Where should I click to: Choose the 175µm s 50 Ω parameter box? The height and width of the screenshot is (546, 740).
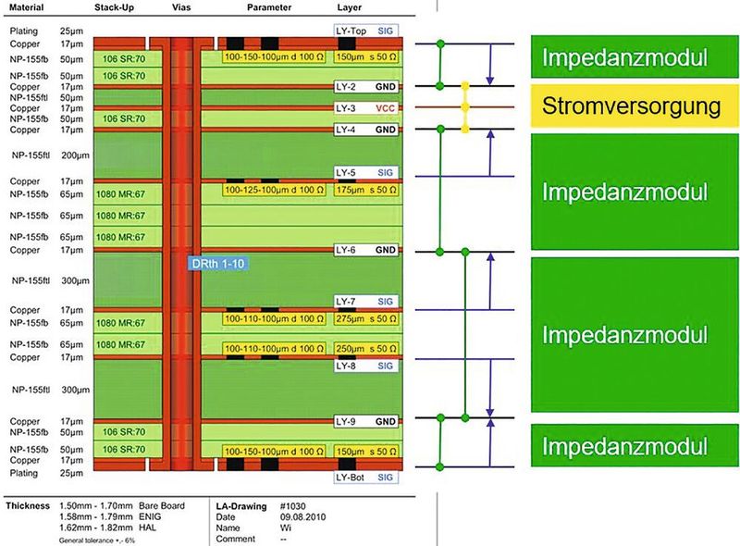(x=367, y=189)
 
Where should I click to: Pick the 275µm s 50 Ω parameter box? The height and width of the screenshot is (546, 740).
(x=367, y=317)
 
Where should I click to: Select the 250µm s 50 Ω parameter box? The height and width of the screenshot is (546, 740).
(x=367, y=348)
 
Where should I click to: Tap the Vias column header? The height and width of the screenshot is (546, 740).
(x=181, y=7)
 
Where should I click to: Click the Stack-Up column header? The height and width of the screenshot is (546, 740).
(x=113, y=7)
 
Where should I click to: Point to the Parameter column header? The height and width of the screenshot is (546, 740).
(x=269, y=7)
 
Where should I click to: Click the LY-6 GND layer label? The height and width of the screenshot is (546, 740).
(x=365, y=251)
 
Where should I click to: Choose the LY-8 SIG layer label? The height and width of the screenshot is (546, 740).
(x=365, y=366)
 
